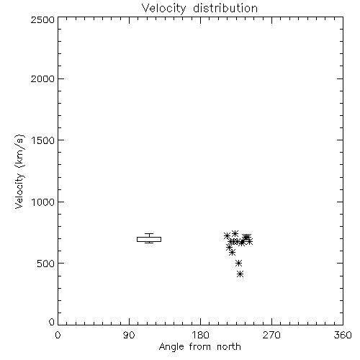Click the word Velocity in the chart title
164,9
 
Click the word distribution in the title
225,8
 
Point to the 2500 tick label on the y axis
42,19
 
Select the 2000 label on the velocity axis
42,78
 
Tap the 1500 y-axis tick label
43,140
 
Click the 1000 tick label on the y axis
43,202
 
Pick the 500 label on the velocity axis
46,264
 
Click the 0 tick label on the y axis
52,322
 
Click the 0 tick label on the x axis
58,335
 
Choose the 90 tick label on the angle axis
129,335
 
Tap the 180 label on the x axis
200,335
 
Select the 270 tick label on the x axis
271,335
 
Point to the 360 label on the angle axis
343,335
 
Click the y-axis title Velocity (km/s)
19,171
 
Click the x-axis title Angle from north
200,347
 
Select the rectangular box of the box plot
149,239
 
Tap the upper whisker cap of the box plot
149,233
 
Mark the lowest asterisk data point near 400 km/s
240,274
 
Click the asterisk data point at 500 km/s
238,263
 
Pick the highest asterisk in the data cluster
235,233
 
